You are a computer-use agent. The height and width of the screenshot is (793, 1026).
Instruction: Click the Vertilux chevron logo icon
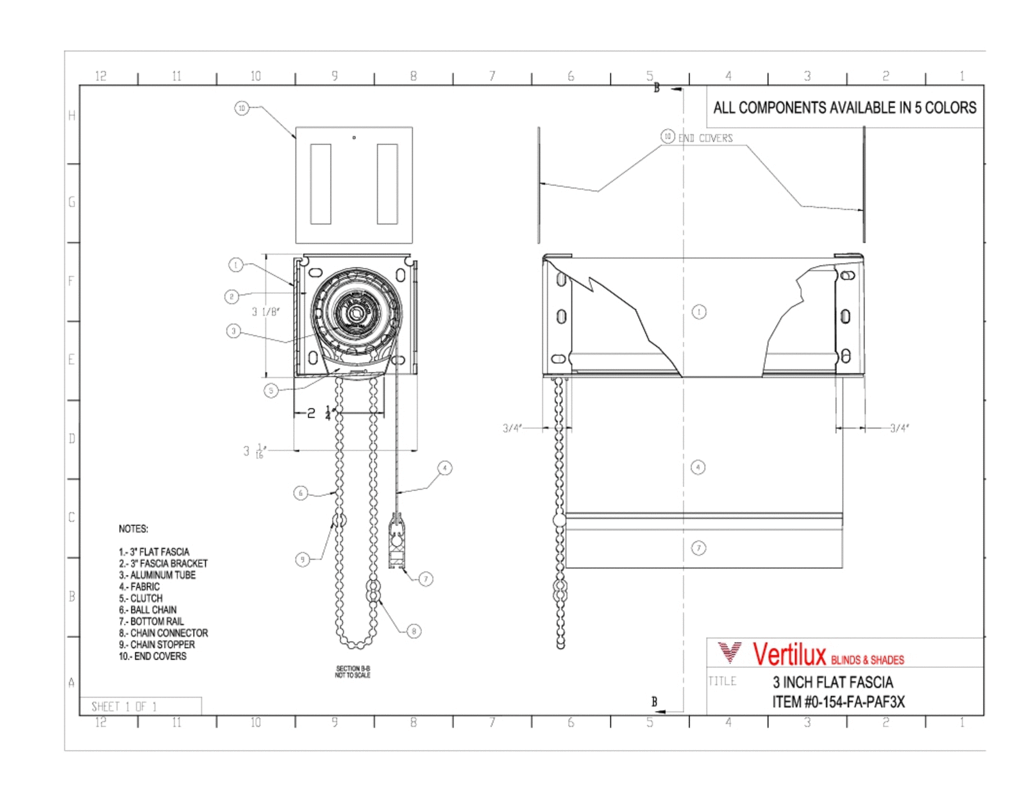pyautogui.click(x=729, y=652)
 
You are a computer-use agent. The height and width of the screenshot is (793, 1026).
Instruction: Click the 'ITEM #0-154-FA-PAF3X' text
pyautogui.click(x=838, y=702)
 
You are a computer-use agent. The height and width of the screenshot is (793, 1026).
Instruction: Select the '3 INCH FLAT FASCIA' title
pyautogui.click(x=832, y=682)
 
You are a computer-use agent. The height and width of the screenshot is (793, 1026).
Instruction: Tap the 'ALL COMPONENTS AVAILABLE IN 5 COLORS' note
pyautogui.click(x=845, y=108)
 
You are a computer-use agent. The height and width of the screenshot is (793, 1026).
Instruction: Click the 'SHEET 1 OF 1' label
pyautogui.click(x=124, y=706)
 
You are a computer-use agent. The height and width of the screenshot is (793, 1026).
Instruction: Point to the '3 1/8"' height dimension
pyautogui.click(x=265, y=312)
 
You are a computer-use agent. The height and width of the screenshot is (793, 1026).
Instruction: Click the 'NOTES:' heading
pyautogui.click(x=133, y=529)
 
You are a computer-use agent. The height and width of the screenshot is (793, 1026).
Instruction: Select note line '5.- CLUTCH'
pyautogui.click(x=140, y=598)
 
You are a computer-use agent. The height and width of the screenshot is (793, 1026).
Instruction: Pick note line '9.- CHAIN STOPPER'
pyautogui.click(x=156, y=644)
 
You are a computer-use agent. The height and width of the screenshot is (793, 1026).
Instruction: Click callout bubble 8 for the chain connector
pyautogui.click(x=414, y=631)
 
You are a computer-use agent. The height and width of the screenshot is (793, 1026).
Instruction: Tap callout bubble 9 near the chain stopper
pyautogui.click(x=302, y=559)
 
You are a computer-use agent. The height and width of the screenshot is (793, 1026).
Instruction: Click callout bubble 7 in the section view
pyautogui.click(x=426, y=579)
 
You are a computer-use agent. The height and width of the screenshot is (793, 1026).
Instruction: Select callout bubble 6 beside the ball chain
pyautogui.click(x=300, y=493)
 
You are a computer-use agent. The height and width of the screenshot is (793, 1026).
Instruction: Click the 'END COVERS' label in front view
pyautogui.click(x=705, y=138)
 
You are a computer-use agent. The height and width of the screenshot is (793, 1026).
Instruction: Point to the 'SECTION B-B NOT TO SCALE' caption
pyautogui.click(x=353, y=672)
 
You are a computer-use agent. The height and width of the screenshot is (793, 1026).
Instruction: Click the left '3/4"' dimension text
pyautogui.click(x=512, y=428)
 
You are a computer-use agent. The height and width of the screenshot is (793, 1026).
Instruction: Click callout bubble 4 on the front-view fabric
pyautogui.click(x=698, y=467)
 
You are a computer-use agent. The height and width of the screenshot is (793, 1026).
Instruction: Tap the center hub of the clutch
pyautogui.click(x=357, y=313)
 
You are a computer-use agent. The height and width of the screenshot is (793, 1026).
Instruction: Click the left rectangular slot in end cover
pyautogui.click(x=321, y=184)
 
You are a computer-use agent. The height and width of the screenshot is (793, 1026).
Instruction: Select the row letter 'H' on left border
pyautogui.click(x=72, y=115)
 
